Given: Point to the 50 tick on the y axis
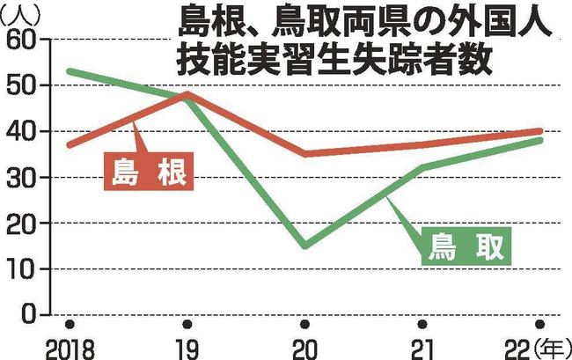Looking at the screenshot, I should click(23, 86).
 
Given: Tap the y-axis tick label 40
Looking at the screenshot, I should click(23, 132).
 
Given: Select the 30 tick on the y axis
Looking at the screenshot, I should click(23, 178).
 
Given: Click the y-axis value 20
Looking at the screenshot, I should click(23, 224).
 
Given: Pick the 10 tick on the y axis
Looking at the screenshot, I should click(23, 269).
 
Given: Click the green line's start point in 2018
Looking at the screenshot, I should click(69, 71).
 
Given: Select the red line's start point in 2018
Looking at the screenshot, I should click(69, 145).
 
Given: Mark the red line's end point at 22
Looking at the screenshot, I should click(539, 131).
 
